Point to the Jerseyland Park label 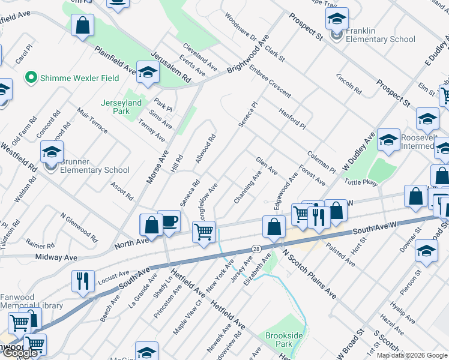[x=121, y=107]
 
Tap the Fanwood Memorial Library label [x=31, y=301]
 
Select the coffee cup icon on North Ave [x=169, y=221]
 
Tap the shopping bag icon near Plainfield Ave [x=82, y=26]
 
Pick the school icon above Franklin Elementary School [x=337, y=18]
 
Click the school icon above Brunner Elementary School [x=52, y=151]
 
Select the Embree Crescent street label [x=270, y=82]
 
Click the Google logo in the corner [x=20, y=353]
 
